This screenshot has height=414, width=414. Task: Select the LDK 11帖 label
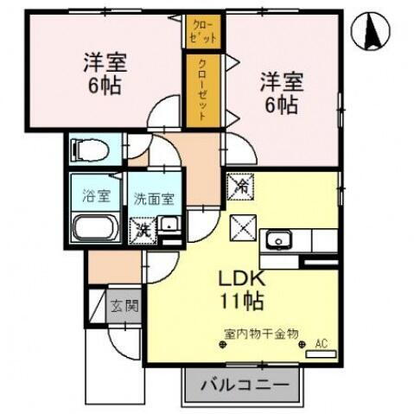(x=240, y=292)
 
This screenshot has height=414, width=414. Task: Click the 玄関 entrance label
(x=124, y=305)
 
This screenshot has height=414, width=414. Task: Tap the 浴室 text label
(x=95, y=194)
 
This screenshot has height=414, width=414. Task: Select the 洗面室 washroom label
(x=154, y=197)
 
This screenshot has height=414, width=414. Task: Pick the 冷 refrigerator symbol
(x=241, y=185)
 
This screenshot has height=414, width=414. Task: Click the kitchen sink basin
(x=279, y=240)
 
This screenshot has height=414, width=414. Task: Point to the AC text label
(x=321, y=344)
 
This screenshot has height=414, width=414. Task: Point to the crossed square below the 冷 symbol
(x=242, y=229)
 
